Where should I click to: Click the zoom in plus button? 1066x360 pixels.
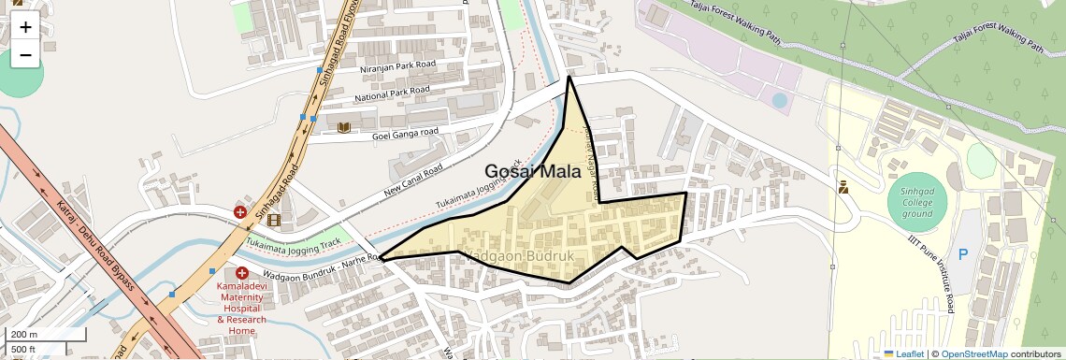[x=25, y=27]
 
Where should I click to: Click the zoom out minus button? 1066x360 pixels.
[x=25, y=55]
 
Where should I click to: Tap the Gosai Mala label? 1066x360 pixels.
[x=533, y=172]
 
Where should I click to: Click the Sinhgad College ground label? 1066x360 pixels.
[x=917, y=201]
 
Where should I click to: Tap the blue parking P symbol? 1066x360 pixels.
[x=962, y=254]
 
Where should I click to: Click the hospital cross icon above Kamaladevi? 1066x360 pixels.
[x=241, y=272]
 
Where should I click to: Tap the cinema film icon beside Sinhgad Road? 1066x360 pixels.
[x=273, y=221]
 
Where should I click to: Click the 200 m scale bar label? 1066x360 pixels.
[x=24, y=334]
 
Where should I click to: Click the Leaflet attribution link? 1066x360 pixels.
[x=904, y=353]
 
